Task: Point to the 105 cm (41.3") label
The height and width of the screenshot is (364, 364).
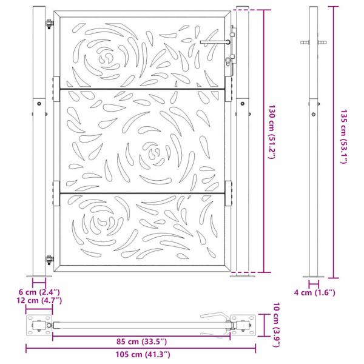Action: coord(141,354)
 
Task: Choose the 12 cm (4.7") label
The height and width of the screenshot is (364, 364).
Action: coord(39,300)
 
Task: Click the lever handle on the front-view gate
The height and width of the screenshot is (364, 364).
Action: coord(214,42)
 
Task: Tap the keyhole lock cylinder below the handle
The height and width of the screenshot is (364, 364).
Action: coord(228,61)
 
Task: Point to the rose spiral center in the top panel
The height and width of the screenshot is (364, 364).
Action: coord(107,58)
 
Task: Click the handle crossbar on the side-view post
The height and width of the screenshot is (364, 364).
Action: coord(314,42)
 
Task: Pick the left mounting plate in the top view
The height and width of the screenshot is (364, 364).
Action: coord(39,325)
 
